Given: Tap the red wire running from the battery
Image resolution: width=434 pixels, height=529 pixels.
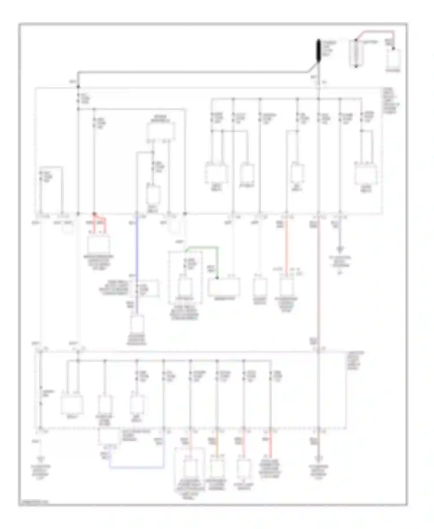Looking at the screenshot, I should tap(376, 32).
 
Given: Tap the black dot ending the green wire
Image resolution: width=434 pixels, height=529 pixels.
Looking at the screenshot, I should tap(217, 278).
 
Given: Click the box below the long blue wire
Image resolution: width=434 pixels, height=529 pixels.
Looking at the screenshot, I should tap(137, 324).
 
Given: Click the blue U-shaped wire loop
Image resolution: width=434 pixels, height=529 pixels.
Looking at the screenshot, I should tap(136, 467).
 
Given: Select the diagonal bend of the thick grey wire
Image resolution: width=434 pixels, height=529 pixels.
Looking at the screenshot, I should tap(312, 67).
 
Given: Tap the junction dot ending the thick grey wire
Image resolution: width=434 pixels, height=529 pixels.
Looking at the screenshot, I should tap(78, 87).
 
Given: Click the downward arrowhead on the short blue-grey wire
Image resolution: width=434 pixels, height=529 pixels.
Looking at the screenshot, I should tap(340, 249).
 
